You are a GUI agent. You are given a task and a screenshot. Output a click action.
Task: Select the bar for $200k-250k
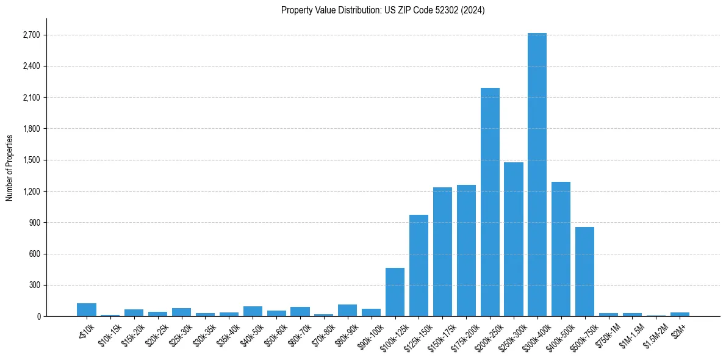pyautogui.click(x=490, y=202)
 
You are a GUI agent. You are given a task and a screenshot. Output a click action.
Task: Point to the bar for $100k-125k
pyautogui.click(x=395, y=292)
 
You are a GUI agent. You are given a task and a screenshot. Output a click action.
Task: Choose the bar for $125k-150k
pyautogui.click(x=419, y=265)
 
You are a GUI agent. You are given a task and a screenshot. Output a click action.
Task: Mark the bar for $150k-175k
pyautogui.click(x=442, y=252)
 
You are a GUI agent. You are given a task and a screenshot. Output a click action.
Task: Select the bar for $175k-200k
pyautogui.click(x=466, y=251)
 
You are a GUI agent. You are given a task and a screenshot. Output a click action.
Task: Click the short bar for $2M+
pyautogui.click(x=680, y=314)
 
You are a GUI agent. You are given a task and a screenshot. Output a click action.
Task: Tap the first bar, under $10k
pyautogui.click(x=87, y=310)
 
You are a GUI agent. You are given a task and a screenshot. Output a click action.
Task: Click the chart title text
pyautogui.click(x=383, y=10)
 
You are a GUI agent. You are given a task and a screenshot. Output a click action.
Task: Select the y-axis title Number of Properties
pyautogui.click(x=10, y=167)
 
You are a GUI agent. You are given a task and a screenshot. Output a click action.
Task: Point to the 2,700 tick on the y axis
pyautogui.click(x=31, y=35)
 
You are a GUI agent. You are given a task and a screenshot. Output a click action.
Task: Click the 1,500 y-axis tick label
pyautogui.click(x=31, y=160)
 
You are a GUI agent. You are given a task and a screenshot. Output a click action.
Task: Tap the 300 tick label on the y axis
pyautogui.click(x=34, y=285)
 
